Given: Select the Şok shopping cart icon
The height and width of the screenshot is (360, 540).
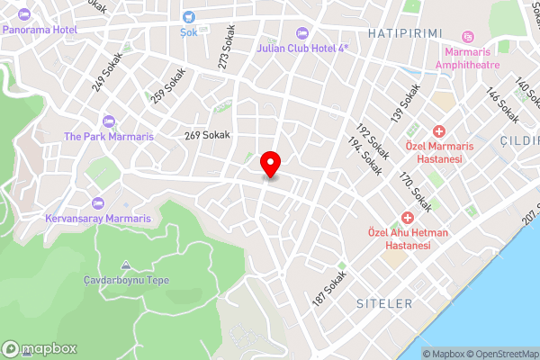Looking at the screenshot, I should pos(189,16).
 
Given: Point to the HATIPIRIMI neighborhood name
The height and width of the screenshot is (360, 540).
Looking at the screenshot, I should pos(405,32).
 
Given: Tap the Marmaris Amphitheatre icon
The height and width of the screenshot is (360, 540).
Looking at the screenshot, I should pos(467,37).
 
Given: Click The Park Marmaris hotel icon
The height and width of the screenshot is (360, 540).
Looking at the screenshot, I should pos(110,121).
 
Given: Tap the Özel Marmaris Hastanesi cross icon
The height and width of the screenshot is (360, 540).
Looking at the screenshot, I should pos(439,131).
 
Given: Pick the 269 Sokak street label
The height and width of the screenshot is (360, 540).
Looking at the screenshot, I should pos(207,135).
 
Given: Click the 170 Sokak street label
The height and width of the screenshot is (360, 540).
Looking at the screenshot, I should pos(415,194).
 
